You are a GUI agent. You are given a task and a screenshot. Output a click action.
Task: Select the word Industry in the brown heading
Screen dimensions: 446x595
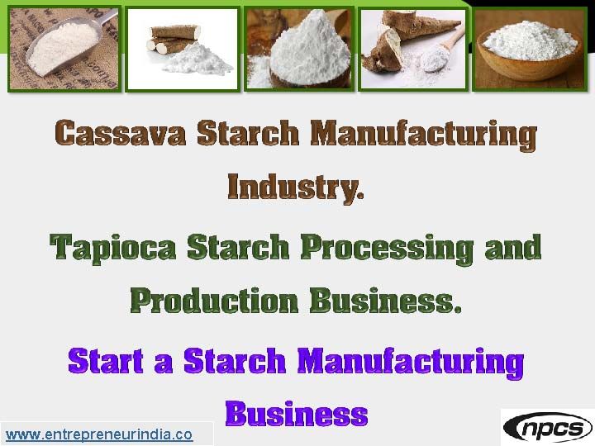click(293, 187)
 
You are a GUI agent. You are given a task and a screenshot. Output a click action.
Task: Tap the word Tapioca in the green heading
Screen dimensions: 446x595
click(113, 248)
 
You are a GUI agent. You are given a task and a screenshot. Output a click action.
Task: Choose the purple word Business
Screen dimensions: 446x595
click(296, 412)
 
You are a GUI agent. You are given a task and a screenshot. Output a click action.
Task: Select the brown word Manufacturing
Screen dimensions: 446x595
click(423, 133)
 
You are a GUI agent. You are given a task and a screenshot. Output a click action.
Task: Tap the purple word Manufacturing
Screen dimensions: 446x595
click(410, 361)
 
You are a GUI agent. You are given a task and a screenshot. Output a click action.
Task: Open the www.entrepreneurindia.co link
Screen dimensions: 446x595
click(99, 434)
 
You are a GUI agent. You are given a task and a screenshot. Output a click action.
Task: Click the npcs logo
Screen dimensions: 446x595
click(547, 427)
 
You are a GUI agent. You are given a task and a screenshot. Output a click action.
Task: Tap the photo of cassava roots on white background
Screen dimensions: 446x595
click(183, 48)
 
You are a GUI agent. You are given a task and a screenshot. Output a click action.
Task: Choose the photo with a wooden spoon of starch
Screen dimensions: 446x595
click(412, 48)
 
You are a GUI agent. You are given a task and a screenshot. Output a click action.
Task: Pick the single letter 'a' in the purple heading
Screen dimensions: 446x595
click(156, 363)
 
